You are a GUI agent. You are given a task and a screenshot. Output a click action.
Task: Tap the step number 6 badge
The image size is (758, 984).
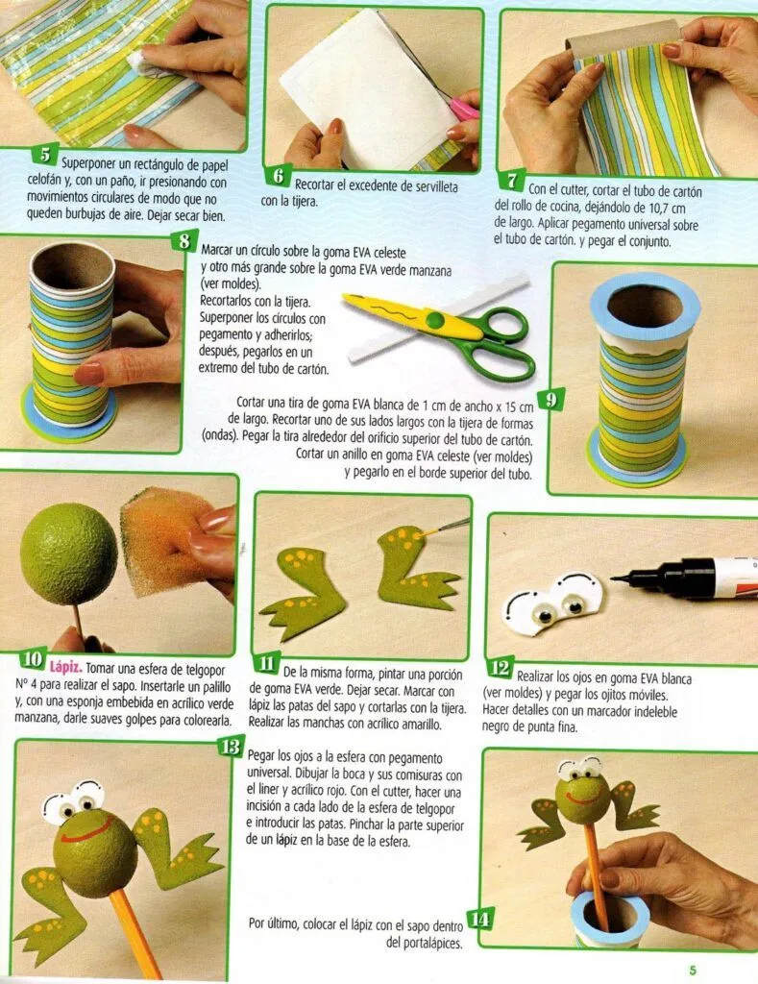click(x=277, y=176)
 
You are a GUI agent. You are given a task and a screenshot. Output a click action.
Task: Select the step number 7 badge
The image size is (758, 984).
click(x=512, y=180)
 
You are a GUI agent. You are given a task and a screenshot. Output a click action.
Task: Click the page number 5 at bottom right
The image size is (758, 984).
click(x=693, y=970)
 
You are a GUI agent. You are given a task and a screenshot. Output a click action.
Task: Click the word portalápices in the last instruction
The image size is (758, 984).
click(x=425, y=943)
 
